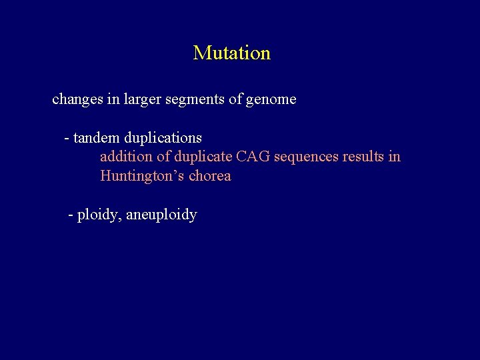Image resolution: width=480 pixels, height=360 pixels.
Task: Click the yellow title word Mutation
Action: (x=231, y=53)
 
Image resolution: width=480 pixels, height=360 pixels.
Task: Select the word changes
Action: (x=74, y=100)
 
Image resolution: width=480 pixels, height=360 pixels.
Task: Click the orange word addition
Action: (x=125, y=157)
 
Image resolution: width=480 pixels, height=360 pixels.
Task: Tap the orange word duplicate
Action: (x=199, y=157)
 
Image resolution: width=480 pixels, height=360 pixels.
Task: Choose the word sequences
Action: (x=306, y=157)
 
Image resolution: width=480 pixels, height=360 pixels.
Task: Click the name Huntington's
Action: (x=142, y=176)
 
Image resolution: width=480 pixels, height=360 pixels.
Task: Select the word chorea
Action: (x=210, y=176)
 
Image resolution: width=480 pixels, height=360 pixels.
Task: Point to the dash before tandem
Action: (x=67, y=139)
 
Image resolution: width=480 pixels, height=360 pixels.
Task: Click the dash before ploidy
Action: (x=71, y=215)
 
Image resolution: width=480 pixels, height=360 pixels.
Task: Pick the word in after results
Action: (x=395, y=157)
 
